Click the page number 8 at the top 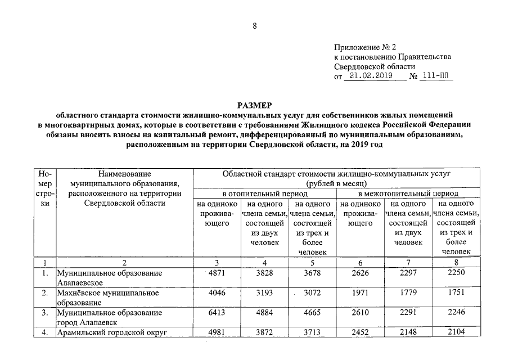tap(254, 26)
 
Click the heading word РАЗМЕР tap(254, 105)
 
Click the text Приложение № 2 tap(364, 47)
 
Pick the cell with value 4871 tap(217, 273)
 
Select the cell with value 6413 tap(217, 312)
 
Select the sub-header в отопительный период tap(264, 193)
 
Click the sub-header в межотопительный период tap(408, 193)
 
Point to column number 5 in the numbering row tap(313, 262)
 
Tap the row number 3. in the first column tap(45, 312)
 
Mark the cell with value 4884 tap(264, 312)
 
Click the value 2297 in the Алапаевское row tap(408, 273)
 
